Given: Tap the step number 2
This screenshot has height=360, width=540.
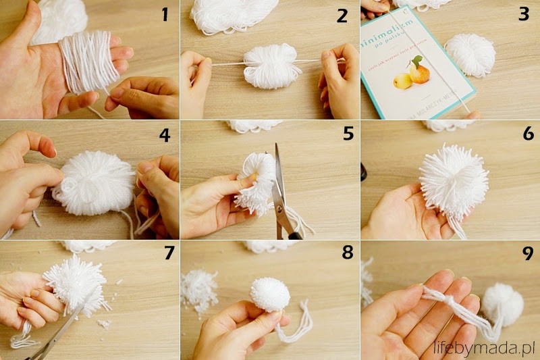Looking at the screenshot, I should coord(342,15).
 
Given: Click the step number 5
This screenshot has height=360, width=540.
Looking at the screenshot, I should coord(348,134).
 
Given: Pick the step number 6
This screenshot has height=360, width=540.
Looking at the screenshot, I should coord(528,134).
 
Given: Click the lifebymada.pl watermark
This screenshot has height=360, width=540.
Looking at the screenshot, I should coord(483,348).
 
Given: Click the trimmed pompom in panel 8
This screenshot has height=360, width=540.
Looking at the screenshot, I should coord(270,294).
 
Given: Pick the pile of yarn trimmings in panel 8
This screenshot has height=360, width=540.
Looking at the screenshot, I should coord(199,290).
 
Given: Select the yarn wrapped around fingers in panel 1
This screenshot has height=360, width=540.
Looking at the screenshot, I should coord(86,61).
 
